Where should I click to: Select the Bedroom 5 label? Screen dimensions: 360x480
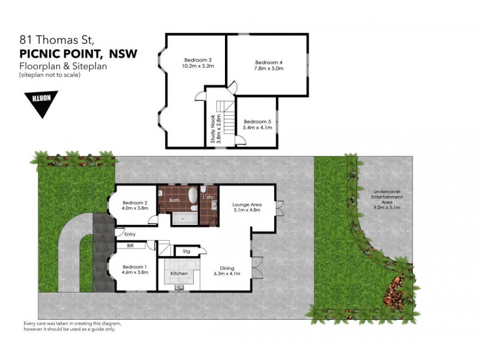(257, 121)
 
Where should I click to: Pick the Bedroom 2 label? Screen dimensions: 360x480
(136, 202)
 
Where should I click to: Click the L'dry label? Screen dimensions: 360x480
(208, 197)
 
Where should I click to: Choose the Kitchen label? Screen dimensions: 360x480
(179, 274)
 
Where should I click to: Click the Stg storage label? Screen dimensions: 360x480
(186, 251)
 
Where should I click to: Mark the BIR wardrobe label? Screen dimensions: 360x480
(129, 246)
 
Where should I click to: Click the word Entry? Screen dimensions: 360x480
(130, 234)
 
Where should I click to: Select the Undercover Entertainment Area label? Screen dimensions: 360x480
(386, 198)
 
